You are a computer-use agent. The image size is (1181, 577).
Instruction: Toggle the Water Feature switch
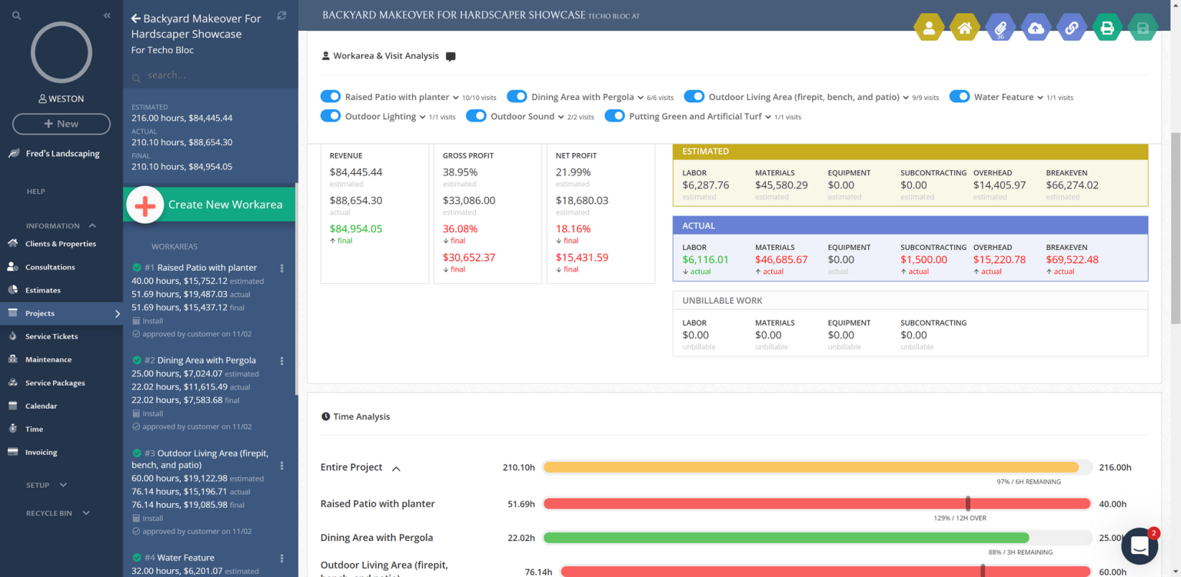coord(959,97)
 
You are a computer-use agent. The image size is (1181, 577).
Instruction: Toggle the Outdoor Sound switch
coord(476,116)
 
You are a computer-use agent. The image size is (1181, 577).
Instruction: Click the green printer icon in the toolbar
coord(1107,28)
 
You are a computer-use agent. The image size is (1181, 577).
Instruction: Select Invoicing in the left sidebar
coord(41,452)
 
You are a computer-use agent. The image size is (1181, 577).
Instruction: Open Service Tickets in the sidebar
coord(51,336)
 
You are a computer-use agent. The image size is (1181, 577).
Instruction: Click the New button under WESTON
coord(62,124)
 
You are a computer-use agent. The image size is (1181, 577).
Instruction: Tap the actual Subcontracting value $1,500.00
coord(923,260)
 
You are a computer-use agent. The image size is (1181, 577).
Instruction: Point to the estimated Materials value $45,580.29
coord(780,185)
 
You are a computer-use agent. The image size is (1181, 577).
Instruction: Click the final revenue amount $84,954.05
coord(355,228)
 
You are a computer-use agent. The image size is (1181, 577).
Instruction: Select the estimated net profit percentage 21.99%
coord(573,172)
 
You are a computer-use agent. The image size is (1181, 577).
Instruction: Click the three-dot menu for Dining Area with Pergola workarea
coord(281,361)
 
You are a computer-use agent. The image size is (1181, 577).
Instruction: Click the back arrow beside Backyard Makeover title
coord(136,18)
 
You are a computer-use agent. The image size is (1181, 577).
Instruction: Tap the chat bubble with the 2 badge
coord(1139,545)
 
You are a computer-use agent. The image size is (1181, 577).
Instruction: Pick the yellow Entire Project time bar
coord(810,467)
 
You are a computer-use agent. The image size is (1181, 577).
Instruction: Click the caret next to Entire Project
coord(397,468)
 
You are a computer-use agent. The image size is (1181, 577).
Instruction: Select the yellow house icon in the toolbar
coord(964,28)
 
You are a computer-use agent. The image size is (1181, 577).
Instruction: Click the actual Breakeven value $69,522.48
coord(1072,260)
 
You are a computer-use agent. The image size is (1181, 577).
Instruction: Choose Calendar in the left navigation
coord(41,405)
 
